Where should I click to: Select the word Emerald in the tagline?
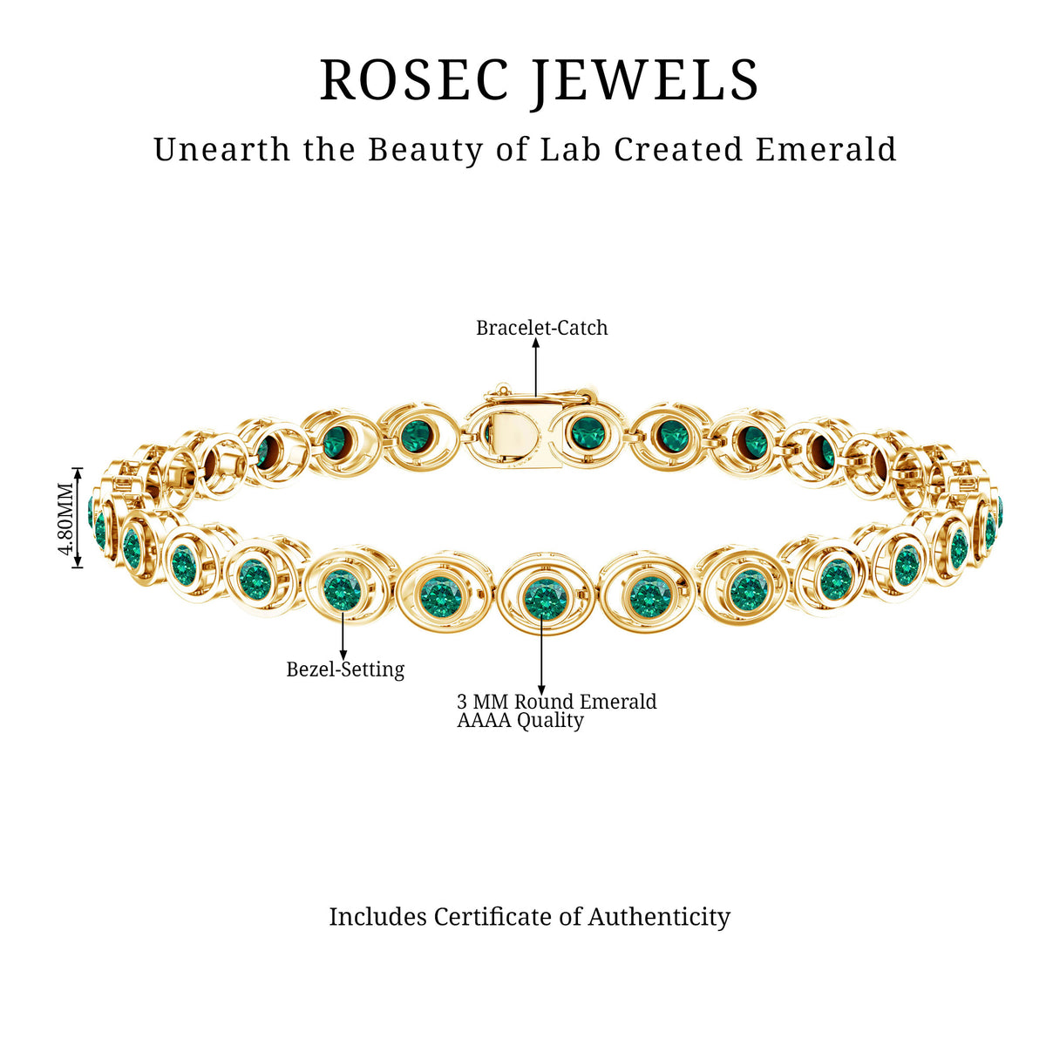coord(826,149)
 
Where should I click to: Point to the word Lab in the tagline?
coord(570,149)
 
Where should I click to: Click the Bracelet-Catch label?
coord(541,328)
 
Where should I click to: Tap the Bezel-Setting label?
coord(345,669)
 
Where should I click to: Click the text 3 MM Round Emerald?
coord(557,702)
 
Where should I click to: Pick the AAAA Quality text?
coord(520,720)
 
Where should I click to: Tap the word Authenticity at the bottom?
coord(659,917)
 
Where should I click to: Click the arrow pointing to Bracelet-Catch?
coord(536,368)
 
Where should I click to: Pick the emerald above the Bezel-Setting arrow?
coord(342,590)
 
